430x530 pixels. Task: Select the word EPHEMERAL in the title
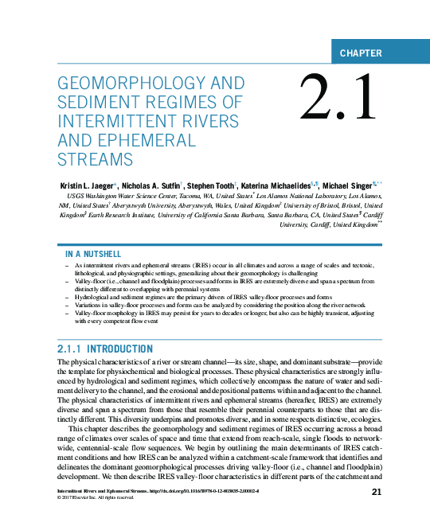(154, 140)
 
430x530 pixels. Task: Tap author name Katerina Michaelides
(276, 185)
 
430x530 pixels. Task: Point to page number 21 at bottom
(378, 493)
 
